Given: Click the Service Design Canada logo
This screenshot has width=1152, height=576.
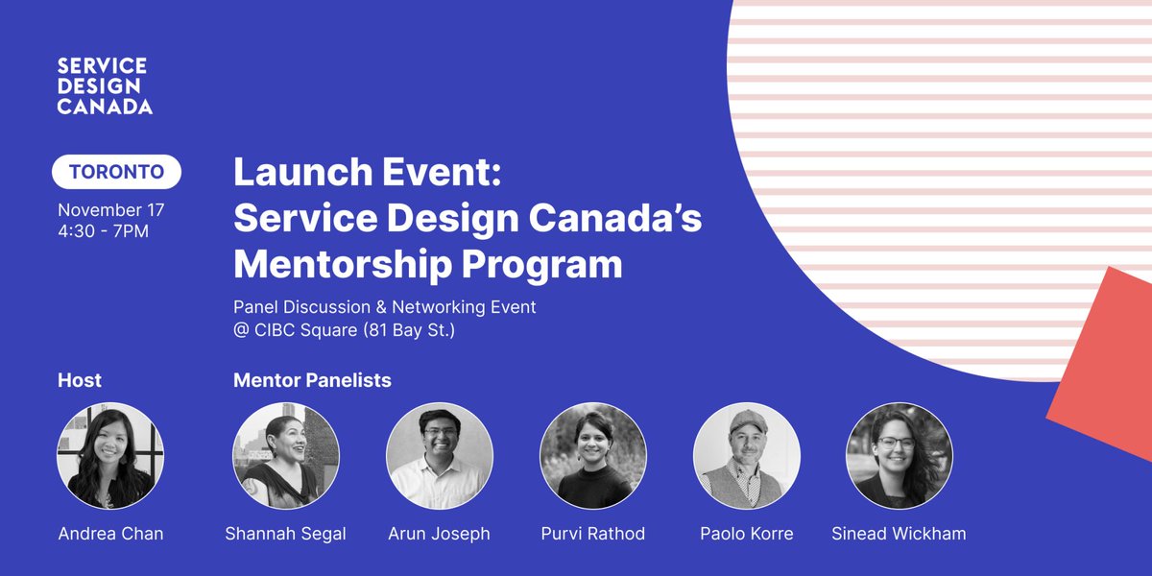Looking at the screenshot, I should tap(104, 85).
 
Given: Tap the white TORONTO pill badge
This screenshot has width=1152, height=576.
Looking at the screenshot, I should tap(116, 173).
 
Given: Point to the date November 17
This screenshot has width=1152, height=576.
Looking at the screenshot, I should tap(110, 209).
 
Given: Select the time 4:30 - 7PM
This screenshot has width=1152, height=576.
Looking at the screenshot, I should tap(103, 231).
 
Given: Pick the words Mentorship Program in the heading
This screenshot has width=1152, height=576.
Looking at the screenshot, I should tap(427, 263).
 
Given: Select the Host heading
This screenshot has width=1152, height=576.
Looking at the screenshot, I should tap(80, 380).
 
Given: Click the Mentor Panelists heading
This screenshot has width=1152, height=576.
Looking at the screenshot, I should tap(312, 380).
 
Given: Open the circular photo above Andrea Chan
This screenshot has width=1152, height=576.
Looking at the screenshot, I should tap(110, 455).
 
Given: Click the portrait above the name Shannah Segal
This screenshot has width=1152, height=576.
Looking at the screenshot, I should tap(286, 455).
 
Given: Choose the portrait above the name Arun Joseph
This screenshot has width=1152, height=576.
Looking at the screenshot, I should tap(439, 455).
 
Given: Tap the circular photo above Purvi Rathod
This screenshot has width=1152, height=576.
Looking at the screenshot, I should tap(592, 455).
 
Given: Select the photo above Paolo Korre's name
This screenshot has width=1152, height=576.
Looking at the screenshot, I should tap(746, 455).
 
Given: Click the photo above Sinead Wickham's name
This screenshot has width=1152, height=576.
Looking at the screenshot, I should tap(899, 455).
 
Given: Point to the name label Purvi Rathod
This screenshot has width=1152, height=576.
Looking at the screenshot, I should tap(592, 534).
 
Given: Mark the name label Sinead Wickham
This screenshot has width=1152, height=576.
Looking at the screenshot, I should tap(900, 534).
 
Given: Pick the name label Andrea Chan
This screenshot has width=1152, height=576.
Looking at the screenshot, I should tap(110, 534).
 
